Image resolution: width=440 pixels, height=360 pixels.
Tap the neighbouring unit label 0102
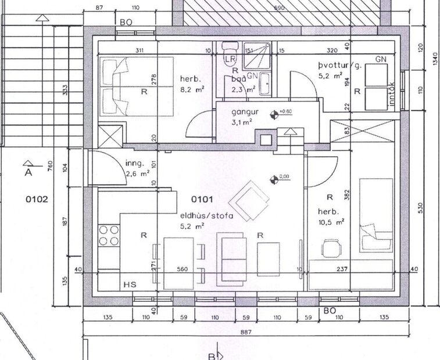pos(36,199)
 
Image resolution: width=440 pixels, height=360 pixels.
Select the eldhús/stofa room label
pos(206,216)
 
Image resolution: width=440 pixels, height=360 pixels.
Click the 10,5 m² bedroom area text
pos(332,221)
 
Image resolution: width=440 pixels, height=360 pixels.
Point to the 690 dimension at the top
pos(278,8)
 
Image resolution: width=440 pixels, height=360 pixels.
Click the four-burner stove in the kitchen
pos(108,235)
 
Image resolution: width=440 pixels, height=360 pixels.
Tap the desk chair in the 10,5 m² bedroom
pos(330,249)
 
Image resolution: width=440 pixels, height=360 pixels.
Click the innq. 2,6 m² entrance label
pos(138,167)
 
